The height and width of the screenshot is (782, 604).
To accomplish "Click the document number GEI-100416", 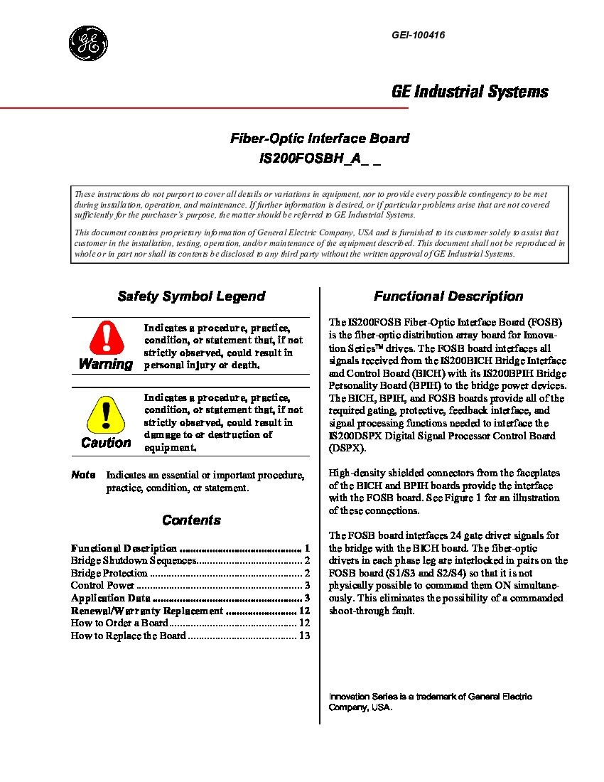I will [418, 36].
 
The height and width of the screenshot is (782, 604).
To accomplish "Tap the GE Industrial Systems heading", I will [470, 92].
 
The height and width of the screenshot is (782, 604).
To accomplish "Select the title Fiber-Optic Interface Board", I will [319, 139].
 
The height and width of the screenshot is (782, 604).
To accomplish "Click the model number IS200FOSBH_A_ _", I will [320, 159].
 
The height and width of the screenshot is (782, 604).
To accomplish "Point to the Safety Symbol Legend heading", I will [191, 296].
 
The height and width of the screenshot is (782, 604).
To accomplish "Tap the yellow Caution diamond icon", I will [106, 415].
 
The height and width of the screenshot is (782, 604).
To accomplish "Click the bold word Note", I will [83, 475].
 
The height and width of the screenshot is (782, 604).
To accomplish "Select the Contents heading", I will [191, 520].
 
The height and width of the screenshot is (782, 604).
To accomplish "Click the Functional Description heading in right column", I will [448, 296].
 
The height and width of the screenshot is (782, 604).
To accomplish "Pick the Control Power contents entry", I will [102, 586].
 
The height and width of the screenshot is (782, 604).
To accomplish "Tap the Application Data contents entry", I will [110, 599].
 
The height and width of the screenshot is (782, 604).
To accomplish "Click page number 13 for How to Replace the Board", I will [305, 636].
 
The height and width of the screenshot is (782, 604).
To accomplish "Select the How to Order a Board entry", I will [119, 623].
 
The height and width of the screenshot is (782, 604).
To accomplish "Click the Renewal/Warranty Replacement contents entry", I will [146, 611].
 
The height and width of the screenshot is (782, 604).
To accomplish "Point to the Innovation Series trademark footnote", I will [430, 702].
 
